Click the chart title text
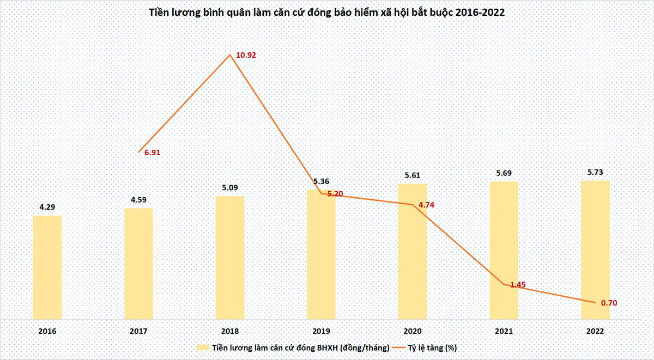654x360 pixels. point(326,13)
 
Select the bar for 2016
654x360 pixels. point(47,267)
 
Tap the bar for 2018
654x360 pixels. point(230,258)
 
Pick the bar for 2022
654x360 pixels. point(595,250)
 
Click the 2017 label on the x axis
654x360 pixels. point(138,332)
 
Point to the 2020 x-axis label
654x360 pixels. point(413,332)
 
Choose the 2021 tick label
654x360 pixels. point(504,332)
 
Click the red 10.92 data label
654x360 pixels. point(246,55)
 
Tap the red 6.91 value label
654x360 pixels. point(153,152)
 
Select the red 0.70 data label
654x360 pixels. point(609,303)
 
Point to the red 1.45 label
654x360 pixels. point(518,285)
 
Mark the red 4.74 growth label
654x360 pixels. point(427,205)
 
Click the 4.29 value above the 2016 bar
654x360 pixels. point(47,207)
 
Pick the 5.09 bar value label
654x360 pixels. point(230,187)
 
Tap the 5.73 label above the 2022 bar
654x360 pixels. point(595,173)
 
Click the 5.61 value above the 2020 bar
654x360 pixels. point(413,175)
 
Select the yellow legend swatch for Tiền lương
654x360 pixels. point(203,347)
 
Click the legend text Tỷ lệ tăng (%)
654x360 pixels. point(432,348)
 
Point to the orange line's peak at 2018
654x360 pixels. point(230,54)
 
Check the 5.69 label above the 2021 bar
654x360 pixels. point(504,173)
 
